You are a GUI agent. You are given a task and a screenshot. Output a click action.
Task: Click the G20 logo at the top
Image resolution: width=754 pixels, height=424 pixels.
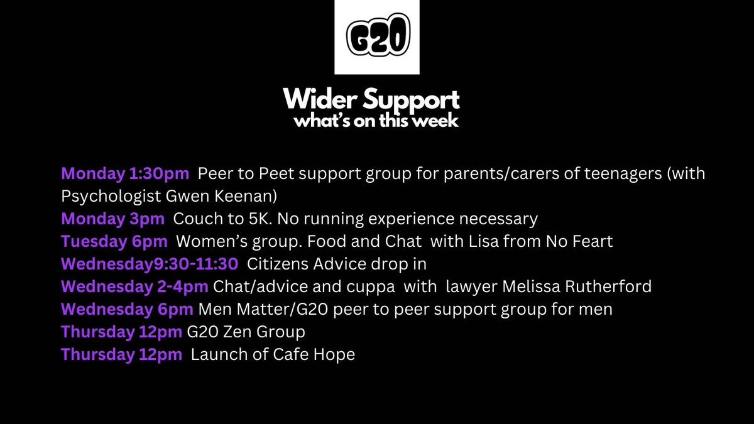377,38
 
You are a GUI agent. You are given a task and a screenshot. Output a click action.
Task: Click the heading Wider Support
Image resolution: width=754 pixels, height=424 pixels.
371,99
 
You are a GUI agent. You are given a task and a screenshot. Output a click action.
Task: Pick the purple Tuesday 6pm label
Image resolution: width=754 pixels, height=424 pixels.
114,242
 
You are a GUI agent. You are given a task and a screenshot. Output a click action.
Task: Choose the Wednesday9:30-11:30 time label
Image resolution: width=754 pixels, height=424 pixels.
150,264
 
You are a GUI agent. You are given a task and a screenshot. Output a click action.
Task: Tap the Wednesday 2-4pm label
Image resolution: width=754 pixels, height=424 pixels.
135,287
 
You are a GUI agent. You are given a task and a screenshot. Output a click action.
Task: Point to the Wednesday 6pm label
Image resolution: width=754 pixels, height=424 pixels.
128,310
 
